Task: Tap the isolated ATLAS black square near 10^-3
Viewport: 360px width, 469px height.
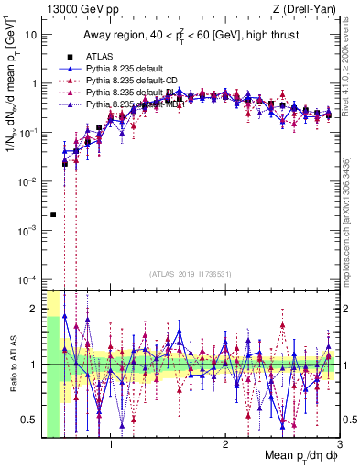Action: point(53,214)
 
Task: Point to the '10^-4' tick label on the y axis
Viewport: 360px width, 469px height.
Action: point(27,278)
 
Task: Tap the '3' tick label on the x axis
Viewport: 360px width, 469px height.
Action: point(338,445)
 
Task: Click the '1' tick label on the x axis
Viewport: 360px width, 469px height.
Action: point(111,445)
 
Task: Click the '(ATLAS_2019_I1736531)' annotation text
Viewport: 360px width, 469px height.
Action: point(190,275)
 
